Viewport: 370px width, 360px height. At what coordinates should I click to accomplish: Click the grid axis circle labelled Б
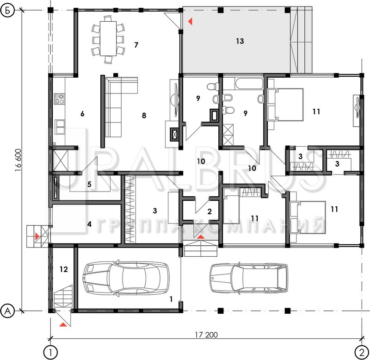coord(7,10)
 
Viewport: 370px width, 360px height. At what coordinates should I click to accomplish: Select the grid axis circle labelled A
coord(7,310)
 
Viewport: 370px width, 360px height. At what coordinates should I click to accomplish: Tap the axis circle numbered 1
coord(50,353)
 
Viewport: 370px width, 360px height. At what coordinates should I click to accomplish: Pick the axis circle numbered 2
coord(362,353)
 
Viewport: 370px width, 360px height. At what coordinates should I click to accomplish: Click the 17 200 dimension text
coord(206,335)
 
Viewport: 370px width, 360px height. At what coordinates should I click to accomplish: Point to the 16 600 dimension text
coord(18,160)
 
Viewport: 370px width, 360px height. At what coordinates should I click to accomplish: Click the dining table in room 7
coord(108,38)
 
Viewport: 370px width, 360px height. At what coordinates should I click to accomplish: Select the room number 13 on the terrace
coord(240,41)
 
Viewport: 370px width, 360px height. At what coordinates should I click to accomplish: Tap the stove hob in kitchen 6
coord(59,99)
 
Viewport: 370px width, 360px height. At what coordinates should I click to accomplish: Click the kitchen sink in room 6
coord(60,127)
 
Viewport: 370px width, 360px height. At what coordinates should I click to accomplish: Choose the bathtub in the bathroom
coord(249,84)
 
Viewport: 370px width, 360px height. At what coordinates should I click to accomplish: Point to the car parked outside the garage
coord(249,279)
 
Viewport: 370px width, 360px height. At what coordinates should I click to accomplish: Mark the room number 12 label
coord(64,269)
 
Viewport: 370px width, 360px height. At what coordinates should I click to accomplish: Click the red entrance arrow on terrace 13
coord(190,21)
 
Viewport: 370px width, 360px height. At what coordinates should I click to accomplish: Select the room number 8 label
coord(144,115)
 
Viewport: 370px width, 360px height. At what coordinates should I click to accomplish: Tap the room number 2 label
coord(210,211)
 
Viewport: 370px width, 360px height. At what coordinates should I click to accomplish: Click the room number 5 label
coord(89,184)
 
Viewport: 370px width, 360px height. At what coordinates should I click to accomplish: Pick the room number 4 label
coord(89,224)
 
